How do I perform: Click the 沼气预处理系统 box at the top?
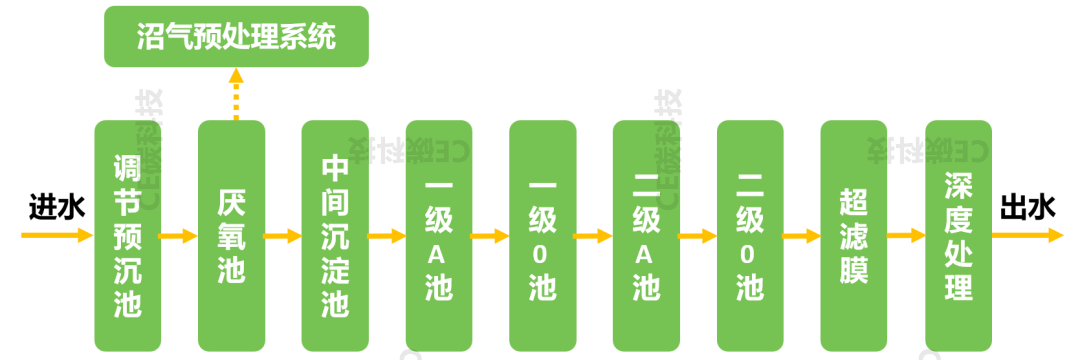(x=237, y=37)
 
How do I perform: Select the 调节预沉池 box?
(x=128, y=236)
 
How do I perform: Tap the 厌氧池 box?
(x=232, y=236)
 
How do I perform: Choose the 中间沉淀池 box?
(x=335, y=236)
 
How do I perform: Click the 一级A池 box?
(x=439, y=236)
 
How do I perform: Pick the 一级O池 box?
(x=543, y=236)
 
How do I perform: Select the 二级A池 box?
(x=646, y=236)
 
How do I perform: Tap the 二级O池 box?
(x=750, y=236)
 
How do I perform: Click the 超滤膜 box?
(x=854, y=236)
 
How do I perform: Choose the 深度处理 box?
(x=958, y=236)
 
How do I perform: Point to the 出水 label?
(x=1027, y=207)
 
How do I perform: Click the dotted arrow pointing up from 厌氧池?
(x=236, y=95)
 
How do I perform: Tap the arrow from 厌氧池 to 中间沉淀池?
(x=283, y=237)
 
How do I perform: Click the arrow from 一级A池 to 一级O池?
(x=491, y=237)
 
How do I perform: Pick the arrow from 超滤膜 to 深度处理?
(x=906, y=237)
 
